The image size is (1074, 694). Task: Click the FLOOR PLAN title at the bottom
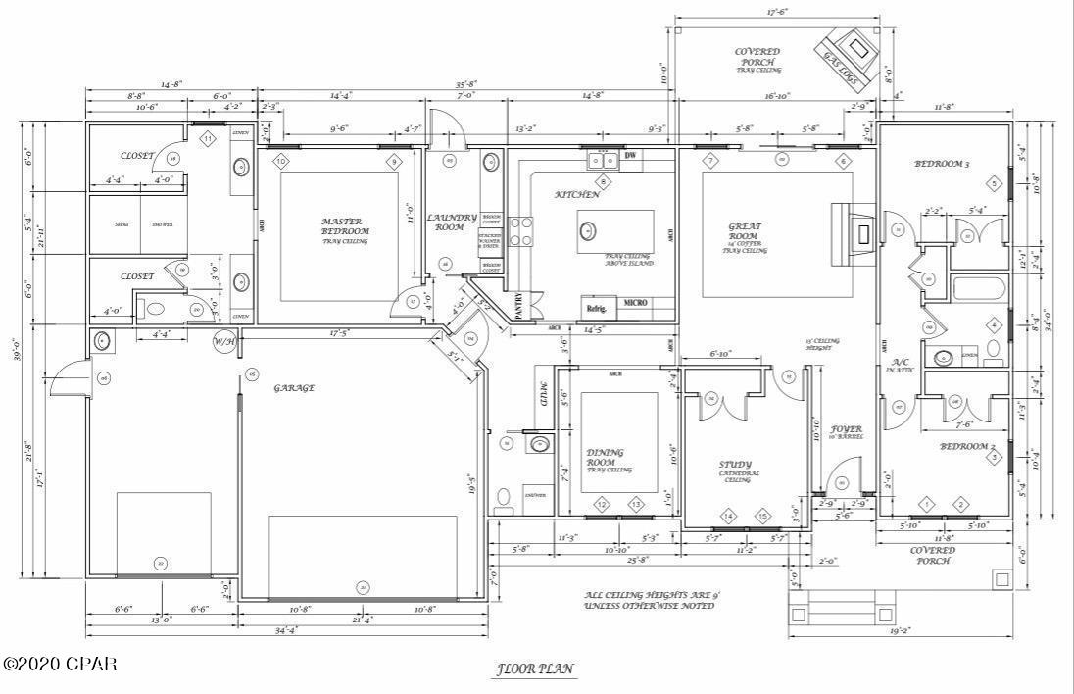[535, 669]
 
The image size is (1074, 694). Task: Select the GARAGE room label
[294, 388]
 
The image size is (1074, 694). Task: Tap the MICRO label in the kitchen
[634, 302]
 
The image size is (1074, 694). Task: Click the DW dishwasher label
[630, 155]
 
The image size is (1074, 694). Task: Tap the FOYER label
[846, 429]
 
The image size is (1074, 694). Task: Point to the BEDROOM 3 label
[941, 164]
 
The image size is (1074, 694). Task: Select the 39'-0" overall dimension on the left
[14, 350]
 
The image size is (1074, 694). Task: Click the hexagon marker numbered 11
[208, 139]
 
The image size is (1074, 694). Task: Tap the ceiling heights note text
[650, 600]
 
